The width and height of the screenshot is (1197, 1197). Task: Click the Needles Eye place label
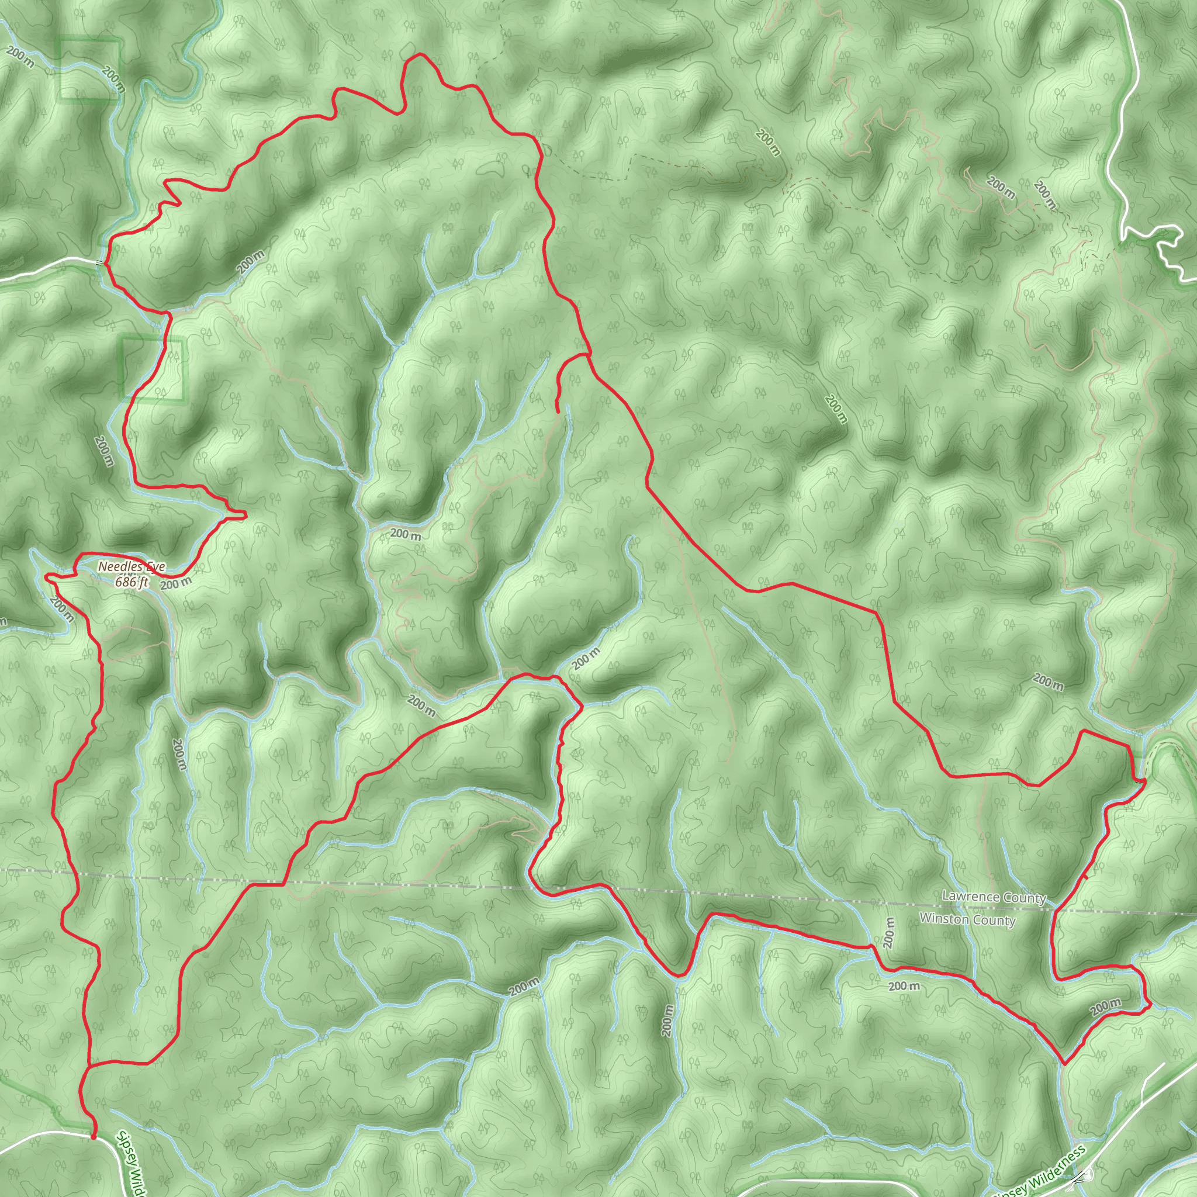[x=132, y=566]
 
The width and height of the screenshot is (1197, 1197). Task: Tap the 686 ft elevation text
[x=132, y=582]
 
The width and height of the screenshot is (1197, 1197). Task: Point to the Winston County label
[x=967, y=919]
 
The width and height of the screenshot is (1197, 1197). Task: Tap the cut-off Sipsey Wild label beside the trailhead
[x=130, y=1165]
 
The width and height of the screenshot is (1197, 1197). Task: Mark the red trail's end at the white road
[x=93, y=1137]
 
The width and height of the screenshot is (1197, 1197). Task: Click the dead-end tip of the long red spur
[x=558, y=411]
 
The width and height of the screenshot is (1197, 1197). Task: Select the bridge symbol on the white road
[x=99, y=262]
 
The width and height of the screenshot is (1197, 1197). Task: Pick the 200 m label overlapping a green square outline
[x=114, y=79]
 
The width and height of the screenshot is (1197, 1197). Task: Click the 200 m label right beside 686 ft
[x=176, y=583]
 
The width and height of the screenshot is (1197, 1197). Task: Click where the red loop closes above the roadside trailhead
[x=89, y=1067]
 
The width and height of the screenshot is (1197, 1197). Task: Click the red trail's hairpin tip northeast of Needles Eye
[x=245, y=514]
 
